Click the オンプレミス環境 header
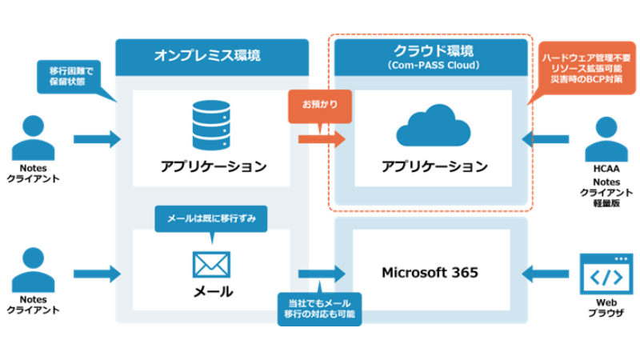coord(207,55)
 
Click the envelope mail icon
coord(211,265)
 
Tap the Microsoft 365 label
coord(430,273)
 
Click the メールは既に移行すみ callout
coord(210,218)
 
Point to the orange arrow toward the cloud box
coord(321,139)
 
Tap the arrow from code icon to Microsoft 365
coord(546,274)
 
